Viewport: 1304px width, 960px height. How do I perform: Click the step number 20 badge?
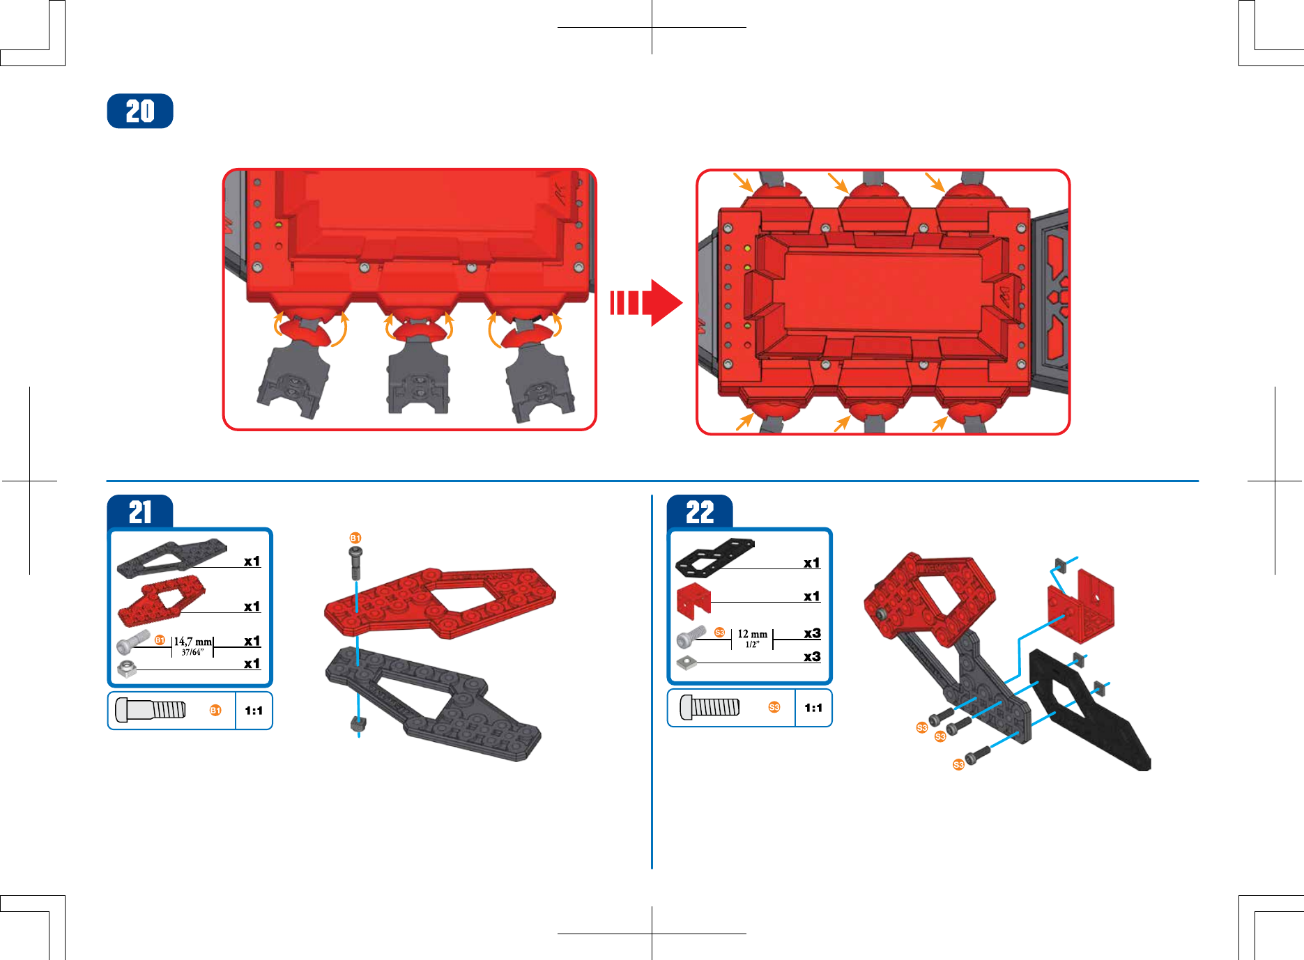pyautogui.click(x=140, y=111)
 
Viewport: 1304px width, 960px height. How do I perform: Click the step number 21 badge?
pyautogui.click(x=140, y=512)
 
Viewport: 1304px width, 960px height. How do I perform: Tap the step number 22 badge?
pyautogui.click(x=700, y=512)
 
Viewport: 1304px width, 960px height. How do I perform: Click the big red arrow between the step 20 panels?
pyautogui.click(x=646, y=303)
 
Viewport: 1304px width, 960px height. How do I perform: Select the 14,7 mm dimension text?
pyautogui.click(x=192, y=641)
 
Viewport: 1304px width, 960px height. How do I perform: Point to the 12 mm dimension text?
pyautogui.click(x=753, y=634)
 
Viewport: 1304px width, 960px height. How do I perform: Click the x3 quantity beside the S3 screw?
pyautogui.click(x=812, y=633)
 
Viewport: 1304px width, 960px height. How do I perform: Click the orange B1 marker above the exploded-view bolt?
pyautogui.click(x=355, y=538)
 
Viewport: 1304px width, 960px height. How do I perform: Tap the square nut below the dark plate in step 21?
pyautogui.click(x=358, y=724)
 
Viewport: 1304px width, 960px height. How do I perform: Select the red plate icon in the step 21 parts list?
pyautogui.click(x=161, y=601)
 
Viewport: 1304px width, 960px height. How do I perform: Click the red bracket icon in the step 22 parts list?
pyautogui.click(x=693, y=599)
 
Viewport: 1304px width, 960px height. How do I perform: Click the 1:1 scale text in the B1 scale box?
pyautogui.click(x=254, y=711)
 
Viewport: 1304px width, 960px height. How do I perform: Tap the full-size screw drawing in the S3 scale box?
pyautogui.click(x=709, y=707)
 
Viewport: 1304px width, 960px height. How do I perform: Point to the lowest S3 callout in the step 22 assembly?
pyautogui.click(x=958, y=764)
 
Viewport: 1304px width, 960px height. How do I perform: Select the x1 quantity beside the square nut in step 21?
pyautogui.click(x=252, y=664)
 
